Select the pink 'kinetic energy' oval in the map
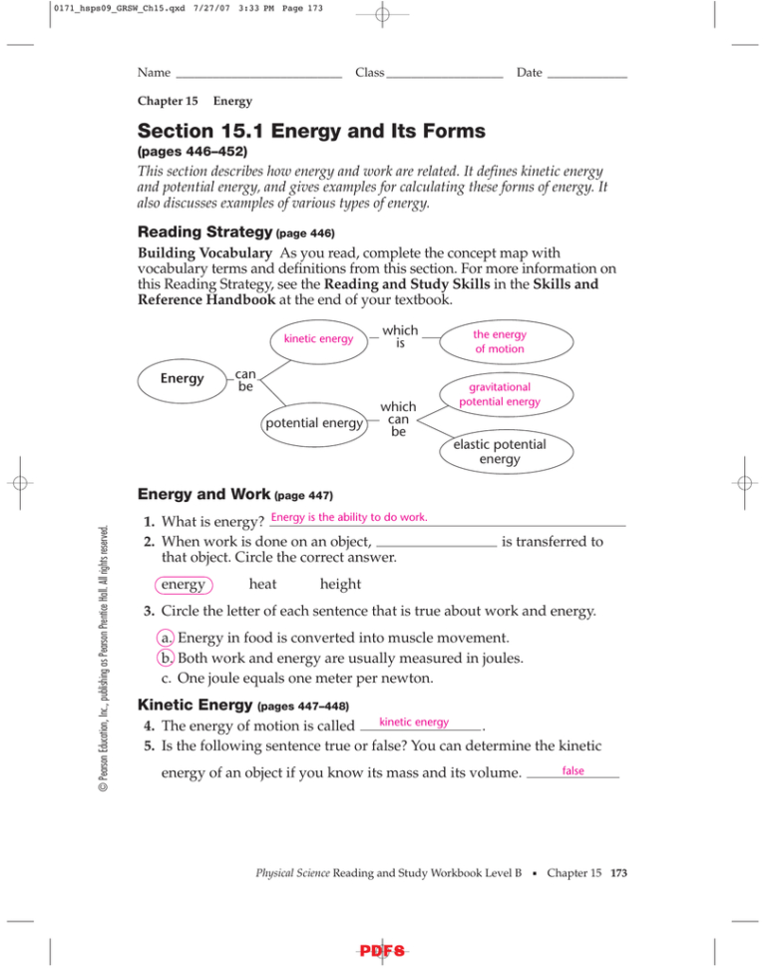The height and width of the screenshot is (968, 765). click(318, 339)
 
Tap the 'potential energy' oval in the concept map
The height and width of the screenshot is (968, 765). click(313, 423)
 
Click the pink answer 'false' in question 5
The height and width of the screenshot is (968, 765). click(573, 771)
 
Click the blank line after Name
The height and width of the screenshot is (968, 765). click(258, 76)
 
